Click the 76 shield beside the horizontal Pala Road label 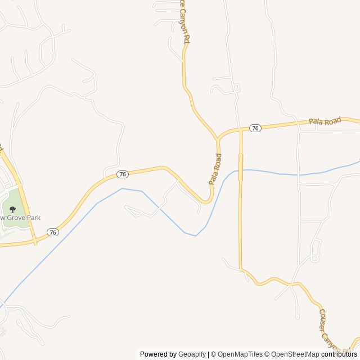point(255,128)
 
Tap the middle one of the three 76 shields point(123,174)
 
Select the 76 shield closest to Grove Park point(52,232)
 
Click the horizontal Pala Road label point(325,121)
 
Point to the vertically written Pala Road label point(215,169)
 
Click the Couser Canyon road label point(330,329)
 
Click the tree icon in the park point(12,209)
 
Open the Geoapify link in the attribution point(192,354)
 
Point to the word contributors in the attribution point(340,354)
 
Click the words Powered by point(158,354)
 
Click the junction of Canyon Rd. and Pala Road point(218,138)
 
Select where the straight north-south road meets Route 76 point(240,129)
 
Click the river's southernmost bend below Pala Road point(195,236)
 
